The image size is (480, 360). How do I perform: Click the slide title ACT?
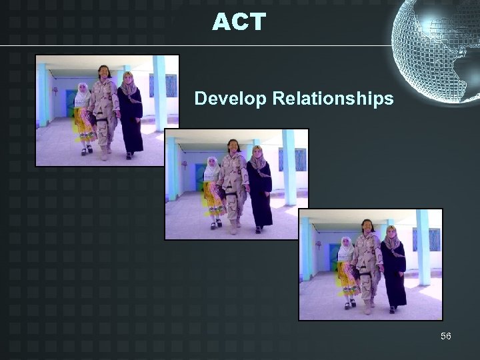(239, 23)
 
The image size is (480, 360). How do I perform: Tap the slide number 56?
(445, 335)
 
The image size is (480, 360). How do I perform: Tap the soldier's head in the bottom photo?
(367, 224)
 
